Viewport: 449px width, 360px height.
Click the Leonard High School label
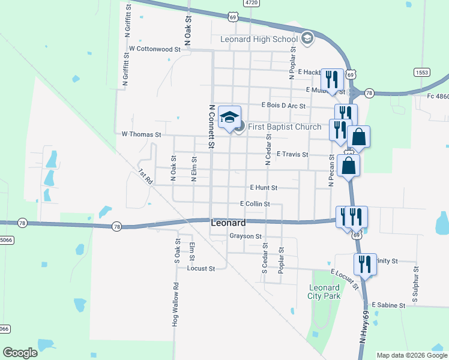(x=259, y=40)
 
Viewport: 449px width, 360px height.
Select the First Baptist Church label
(x=284, y=127)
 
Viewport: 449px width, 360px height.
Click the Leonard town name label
(x=228, y=222)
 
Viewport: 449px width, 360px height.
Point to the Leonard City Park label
(x=324, y=292)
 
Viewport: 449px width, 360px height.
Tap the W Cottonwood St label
(x=154, y=49)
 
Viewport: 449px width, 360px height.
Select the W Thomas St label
(x=142, y=135)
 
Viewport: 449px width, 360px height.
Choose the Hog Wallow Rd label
(x=176, y=304)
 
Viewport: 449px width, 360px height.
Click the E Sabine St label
(x=388, y=305)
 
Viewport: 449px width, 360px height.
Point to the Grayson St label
(x=246, y=236)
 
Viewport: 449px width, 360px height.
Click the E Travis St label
(x=292, y=154)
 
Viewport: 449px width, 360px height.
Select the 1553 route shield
(x=421, y=72)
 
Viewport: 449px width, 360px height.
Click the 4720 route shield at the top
(x=252, y=3)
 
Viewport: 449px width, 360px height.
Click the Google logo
(x=20, y=353)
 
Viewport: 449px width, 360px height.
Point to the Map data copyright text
(x=411, y=355)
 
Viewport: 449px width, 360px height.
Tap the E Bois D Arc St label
(x=283, y=106)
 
